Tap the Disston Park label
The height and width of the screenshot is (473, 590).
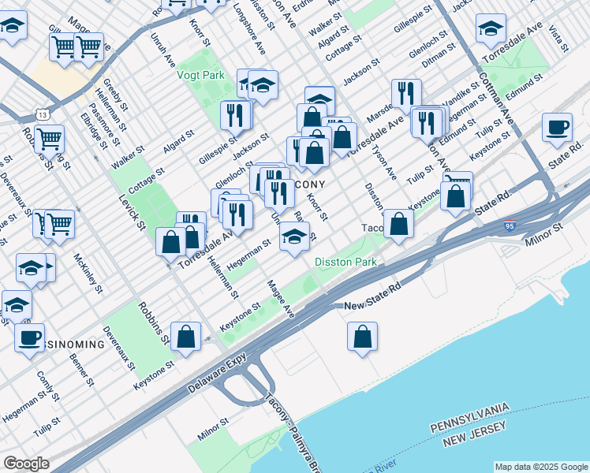pos(345,261)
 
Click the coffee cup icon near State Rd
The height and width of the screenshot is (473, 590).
pos(557,128)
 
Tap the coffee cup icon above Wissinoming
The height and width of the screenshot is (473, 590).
pos(30,338)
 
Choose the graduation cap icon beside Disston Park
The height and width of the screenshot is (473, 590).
pos(294,238)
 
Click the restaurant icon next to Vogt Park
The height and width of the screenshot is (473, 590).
pos(235,116)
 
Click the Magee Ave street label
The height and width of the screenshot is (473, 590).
pos(280,299)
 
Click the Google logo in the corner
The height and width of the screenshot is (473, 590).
pos(26,464)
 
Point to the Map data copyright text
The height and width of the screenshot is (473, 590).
pos(540,467)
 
